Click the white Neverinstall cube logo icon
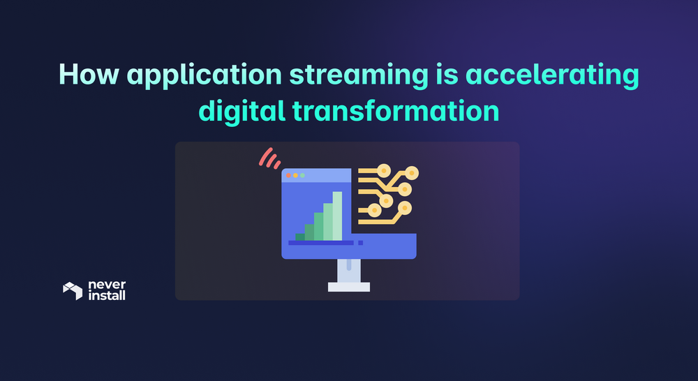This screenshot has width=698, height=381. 73,290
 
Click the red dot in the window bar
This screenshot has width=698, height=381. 288,175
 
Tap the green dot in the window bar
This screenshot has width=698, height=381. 302,175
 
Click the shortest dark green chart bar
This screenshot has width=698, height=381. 300,236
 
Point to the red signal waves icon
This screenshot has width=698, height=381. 269,158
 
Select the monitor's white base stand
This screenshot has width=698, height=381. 348,286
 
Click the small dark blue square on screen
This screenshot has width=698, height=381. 361,243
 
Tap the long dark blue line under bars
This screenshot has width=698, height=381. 321,243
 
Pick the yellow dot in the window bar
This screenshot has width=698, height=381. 295,175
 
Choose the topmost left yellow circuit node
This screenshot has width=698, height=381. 383,170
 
